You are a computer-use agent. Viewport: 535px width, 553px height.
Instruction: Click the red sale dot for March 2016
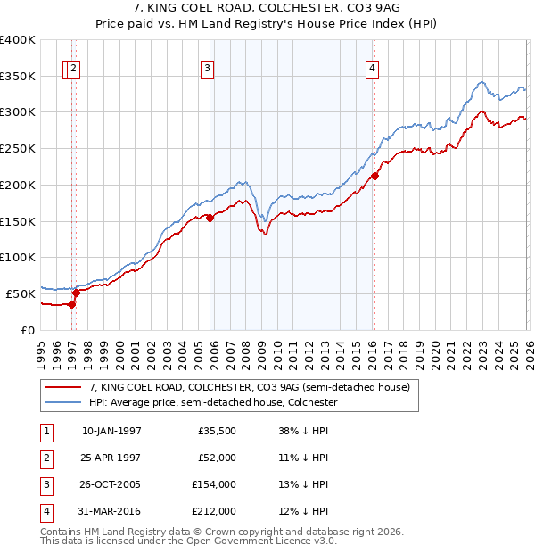374,177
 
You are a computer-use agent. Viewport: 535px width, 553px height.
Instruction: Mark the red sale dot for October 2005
210,218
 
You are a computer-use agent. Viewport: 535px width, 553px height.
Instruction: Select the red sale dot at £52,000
77,292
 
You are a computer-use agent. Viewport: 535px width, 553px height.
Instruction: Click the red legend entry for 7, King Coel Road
249,387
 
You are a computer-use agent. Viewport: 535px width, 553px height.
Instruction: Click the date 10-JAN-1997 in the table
111,431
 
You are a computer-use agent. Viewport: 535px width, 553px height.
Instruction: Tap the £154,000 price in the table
214,484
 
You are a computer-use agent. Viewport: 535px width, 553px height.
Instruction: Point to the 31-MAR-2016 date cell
111,511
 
